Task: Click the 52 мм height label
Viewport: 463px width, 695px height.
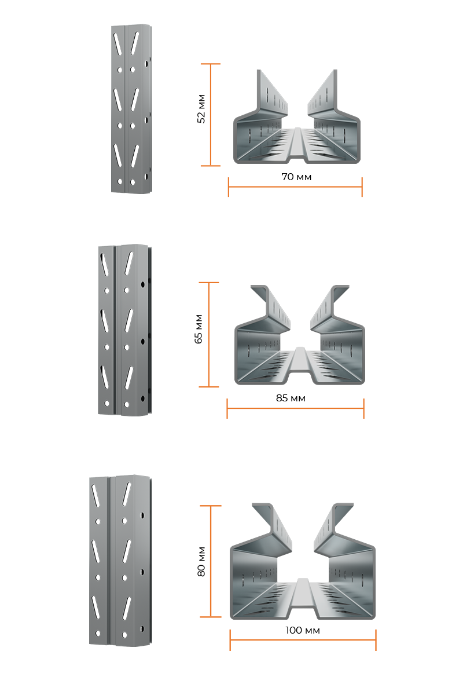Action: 201,109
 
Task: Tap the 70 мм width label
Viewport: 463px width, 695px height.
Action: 296,177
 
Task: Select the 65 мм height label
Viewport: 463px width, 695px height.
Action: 199,329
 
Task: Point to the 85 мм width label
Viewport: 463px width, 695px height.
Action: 291,398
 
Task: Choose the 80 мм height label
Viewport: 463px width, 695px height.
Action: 201,562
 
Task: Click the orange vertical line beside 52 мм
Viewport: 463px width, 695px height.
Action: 211,115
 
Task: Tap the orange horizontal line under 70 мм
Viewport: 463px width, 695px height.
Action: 295,186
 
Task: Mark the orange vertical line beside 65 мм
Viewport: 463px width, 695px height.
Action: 209,335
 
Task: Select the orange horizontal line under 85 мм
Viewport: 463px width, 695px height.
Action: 295,408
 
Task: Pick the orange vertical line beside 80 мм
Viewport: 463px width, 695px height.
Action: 211,561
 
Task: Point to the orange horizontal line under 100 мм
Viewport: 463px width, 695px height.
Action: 303,640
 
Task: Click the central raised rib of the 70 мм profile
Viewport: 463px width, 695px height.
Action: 297,144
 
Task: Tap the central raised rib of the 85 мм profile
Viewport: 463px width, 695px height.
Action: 299,364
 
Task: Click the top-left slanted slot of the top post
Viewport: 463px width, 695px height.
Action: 118,45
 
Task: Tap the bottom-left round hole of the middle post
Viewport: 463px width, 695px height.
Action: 107,403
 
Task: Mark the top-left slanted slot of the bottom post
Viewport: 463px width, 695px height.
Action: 95,496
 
